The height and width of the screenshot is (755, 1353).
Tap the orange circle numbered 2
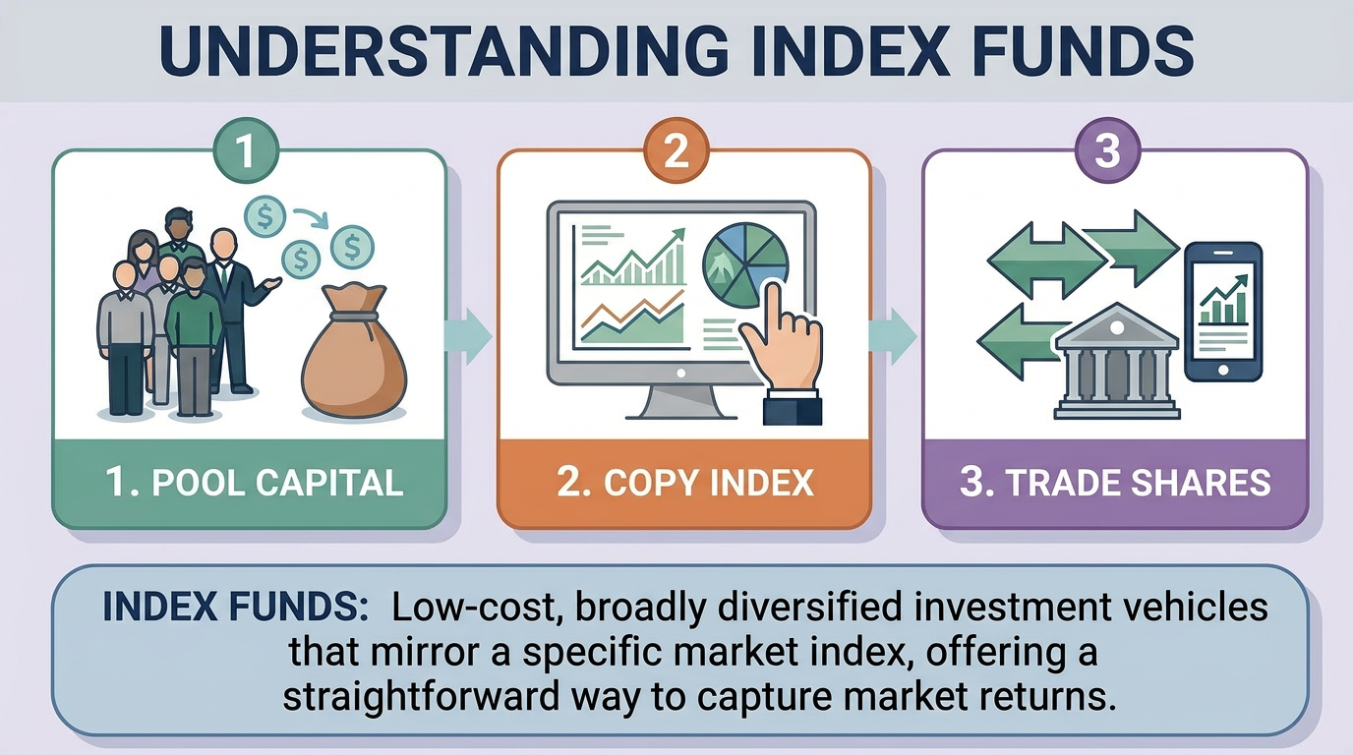pyautogui.click(x=676, y=153)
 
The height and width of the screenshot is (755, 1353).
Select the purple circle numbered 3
pyautogui.click(x=1107, y=153)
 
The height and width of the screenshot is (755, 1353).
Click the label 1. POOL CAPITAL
pyautogui.click(x=256, y=483)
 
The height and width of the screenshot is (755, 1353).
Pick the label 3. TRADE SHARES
pyautogui.click(x=1114, y=483)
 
